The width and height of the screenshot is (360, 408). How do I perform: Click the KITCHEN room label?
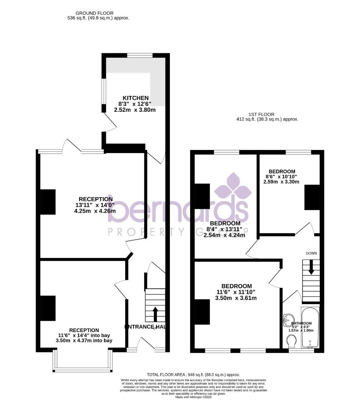(x=135, y=98)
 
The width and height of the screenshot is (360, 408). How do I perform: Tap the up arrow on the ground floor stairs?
(x=155, y=314)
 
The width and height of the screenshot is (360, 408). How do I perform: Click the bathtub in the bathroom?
(x=310, y=328)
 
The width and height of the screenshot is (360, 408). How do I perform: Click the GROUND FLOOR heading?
(x=89, y=13)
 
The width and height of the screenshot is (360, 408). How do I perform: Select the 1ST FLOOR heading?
(x=261, y=114)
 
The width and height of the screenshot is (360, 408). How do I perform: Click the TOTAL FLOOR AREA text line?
(x=193, y=375)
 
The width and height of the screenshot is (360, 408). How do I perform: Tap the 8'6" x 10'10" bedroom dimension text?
(x=281, y=176)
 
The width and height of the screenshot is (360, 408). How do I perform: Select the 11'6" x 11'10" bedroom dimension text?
(x=236, y=292)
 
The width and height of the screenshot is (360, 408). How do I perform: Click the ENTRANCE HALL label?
(x=145, y=327)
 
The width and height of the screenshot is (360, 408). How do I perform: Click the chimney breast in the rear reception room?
(x=48, y=202)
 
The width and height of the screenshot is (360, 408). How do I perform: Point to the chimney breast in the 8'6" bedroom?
(x=312, y=197)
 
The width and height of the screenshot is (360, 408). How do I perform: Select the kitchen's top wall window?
(x=140, y=56)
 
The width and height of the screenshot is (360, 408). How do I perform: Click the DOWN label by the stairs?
(x=311, y=253)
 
